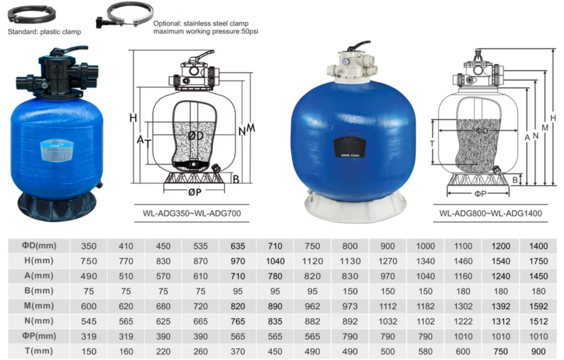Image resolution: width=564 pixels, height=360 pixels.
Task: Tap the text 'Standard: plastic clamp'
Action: [44, 31]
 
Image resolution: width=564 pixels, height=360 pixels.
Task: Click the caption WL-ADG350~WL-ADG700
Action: [192, 213]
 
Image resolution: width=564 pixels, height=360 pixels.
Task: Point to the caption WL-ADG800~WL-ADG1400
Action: [490, 213]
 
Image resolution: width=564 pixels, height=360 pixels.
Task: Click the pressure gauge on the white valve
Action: [346, 62]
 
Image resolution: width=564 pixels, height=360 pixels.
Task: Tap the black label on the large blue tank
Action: [350, 148]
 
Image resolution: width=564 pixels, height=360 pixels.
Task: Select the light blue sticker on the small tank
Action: [57, 150]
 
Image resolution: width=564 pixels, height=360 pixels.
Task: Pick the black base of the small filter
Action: [57, 208]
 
